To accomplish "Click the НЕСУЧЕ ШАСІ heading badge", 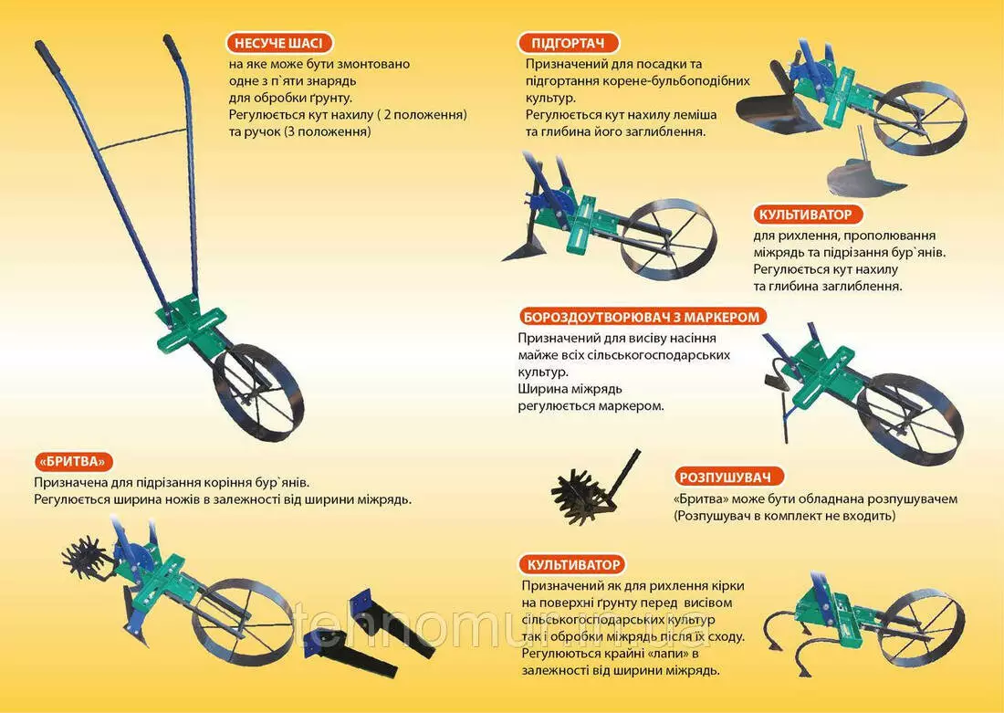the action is tap(278, 44).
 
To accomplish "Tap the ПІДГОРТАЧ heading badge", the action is tap(568, 44).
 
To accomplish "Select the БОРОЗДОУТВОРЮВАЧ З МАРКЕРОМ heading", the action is tap(642, 317).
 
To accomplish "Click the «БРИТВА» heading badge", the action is tap(72, 461).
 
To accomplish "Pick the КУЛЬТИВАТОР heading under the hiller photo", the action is tap(806, 214).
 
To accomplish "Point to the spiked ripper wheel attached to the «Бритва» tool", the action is tap(86, 558).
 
